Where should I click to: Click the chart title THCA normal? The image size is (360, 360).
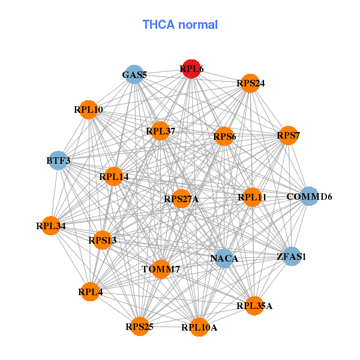pos(179,25)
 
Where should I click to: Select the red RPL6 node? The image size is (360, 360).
pos(191,69)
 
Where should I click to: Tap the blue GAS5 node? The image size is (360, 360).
pos(134,75)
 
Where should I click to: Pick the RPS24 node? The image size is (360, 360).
pos(251,83)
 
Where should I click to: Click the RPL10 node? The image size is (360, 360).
pos(89,110)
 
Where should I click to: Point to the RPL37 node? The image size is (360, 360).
pos(160,131)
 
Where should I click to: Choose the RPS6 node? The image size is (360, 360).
pos(224,137)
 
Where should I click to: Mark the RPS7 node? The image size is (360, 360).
pos(288,136)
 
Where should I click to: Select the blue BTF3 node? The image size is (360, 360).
pos(58,160)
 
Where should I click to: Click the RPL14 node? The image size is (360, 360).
pos(114,176)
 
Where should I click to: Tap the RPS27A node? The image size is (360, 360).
pos(181,199)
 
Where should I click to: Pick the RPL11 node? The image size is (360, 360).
pos(252,197)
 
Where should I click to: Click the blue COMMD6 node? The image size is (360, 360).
pos(308,196)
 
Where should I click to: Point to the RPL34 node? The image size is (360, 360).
pos(51,226)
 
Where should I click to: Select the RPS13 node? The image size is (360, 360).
pos(103,240)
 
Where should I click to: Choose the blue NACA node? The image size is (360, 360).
pos(224,259)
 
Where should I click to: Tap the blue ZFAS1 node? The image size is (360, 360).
pos(292,256)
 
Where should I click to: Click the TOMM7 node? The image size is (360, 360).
pos(161,269)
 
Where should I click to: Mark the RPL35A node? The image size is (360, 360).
pos(254,306)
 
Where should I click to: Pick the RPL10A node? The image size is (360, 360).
pos(200,327)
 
